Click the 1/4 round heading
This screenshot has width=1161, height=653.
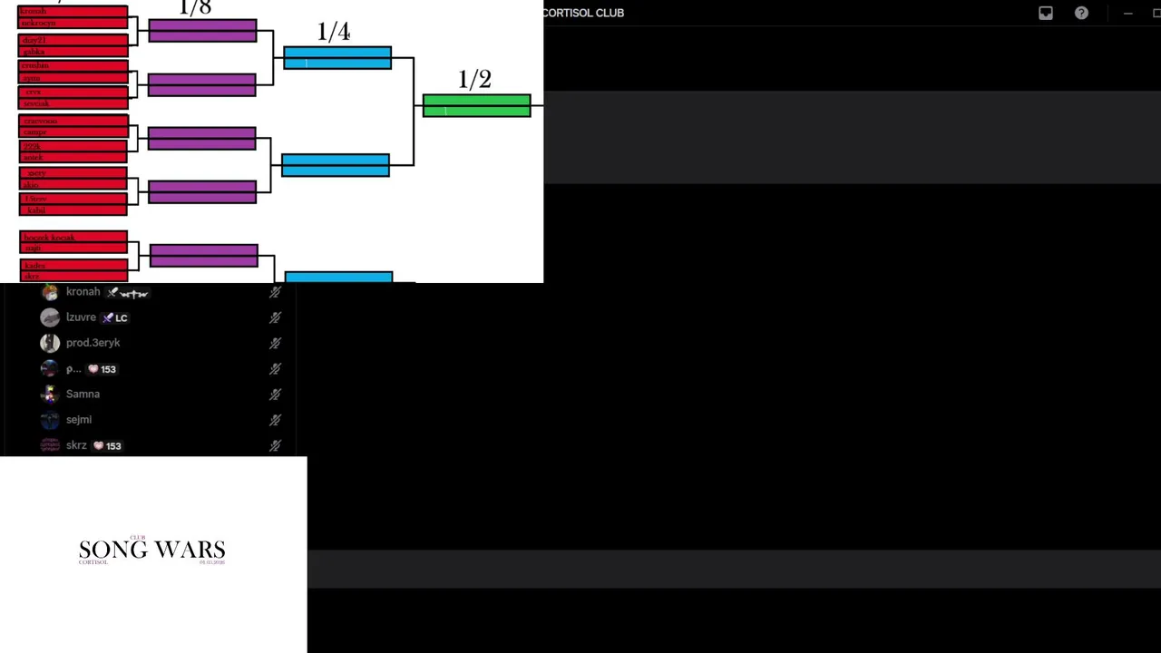334,32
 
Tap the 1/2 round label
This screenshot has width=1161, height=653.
474,80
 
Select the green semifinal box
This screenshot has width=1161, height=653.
476,106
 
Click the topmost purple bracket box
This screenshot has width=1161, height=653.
202,31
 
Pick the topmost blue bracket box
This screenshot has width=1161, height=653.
337,58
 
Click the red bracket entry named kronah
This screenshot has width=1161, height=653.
73,11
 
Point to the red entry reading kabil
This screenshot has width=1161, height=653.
73,210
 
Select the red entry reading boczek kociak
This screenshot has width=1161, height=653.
73,238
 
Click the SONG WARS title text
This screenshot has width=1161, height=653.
151,550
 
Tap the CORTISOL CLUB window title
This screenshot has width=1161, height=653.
583,13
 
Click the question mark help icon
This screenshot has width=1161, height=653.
1081,13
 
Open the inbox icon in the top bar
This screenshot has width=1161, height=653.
1046,13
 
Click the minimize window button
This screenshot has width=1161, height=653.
1127,13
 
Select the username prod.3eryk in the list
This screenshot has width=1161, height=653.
93,343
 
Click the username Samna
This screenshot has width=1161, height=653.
83,394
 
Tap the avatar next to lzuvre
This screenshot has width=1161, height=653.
50,317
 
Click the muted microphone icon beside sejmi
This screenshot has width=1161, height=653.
275,420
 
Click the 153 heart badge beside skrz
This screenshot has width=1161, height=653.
107,445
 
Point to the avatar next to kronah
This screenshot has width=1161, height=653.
50,292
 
